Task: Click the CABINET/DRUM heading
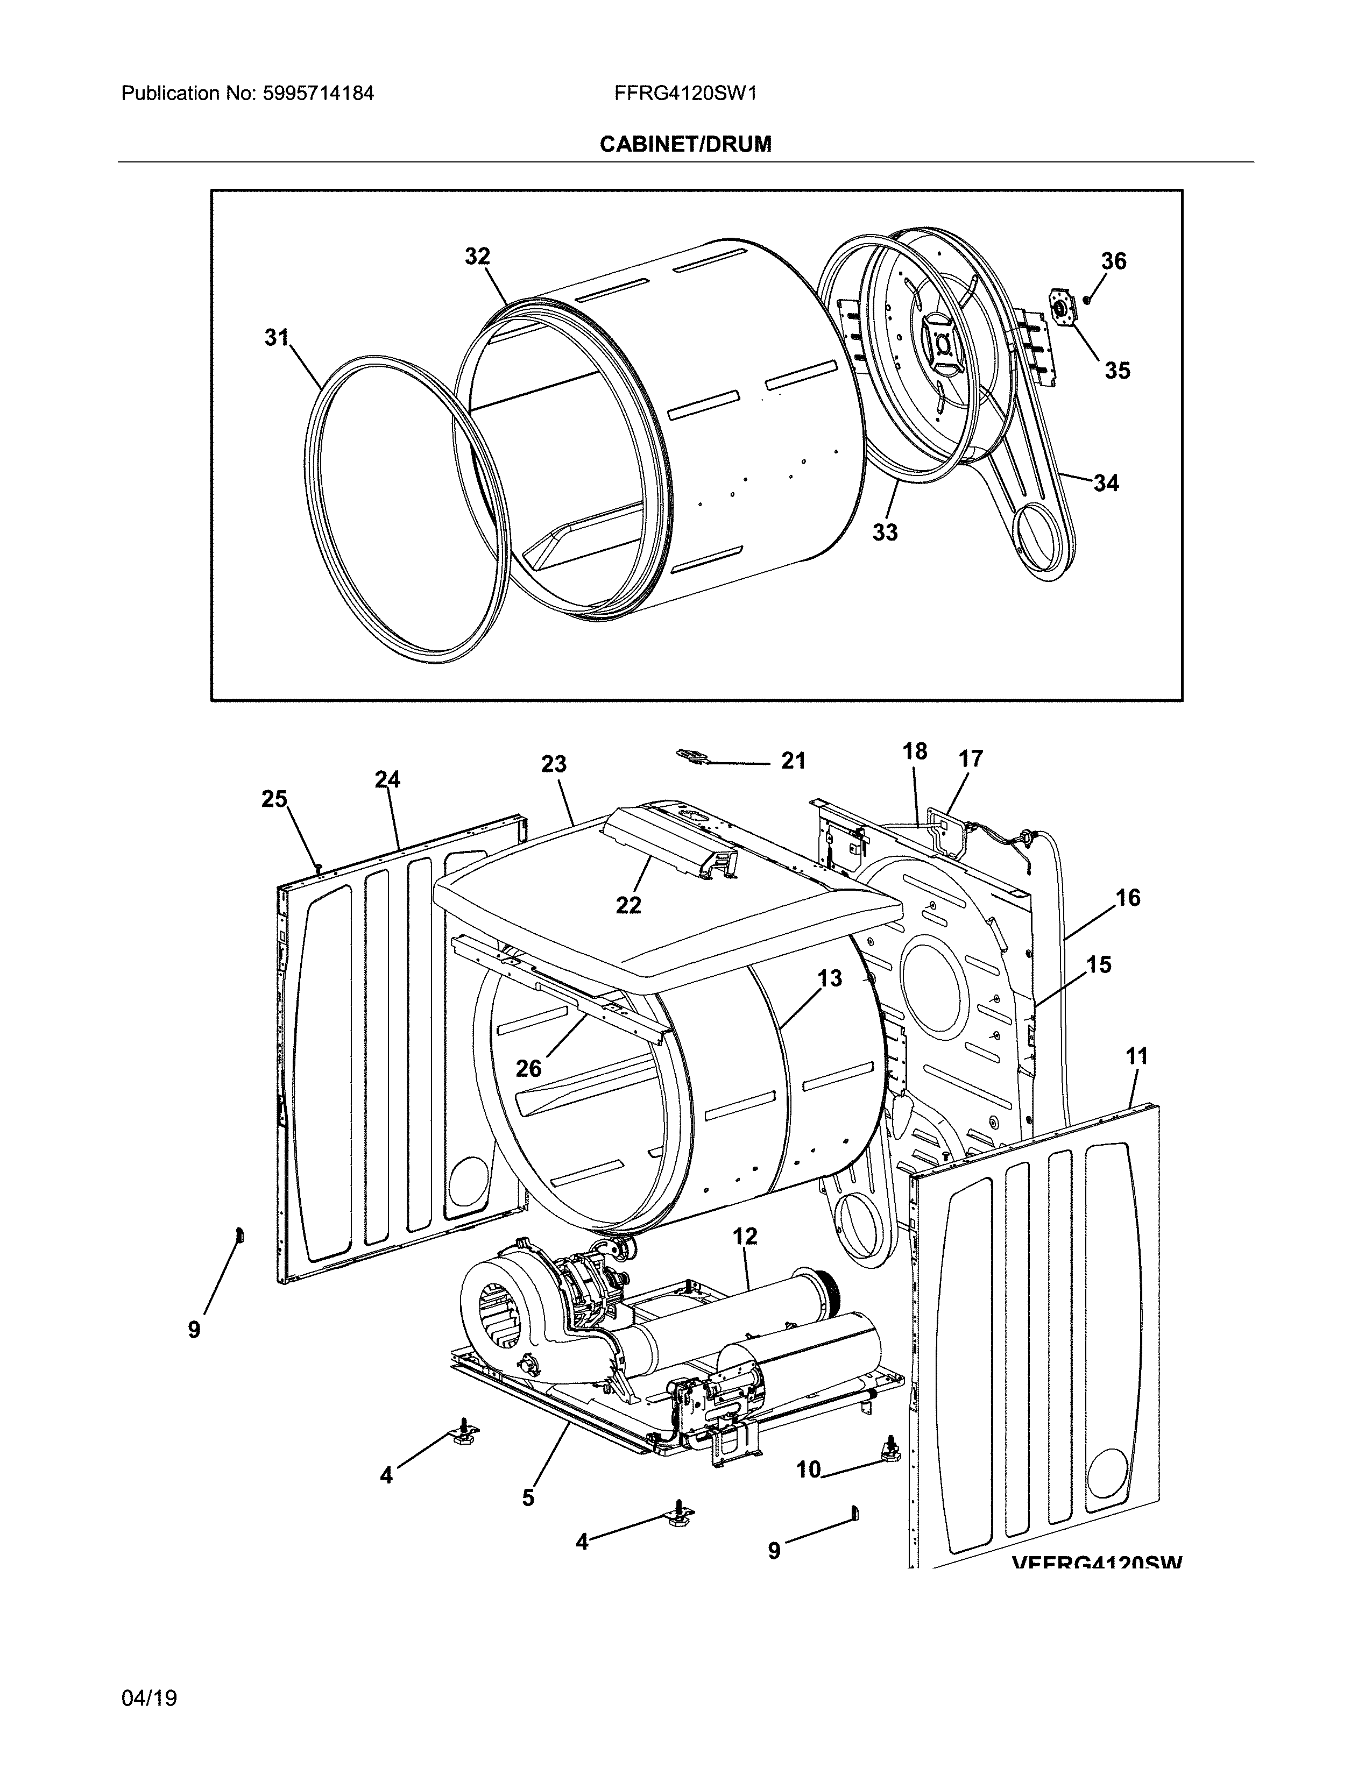685,145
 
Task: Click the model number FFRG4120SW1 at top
685,94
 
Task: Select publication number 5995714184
318,94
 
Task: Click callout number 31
277,337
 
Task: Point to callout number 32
477,257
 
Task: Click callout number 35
1117,371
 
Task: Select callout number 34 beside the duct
1106,484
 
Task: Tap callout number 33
885,532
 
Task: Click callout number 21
793,761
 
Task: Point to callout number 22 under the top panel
628,905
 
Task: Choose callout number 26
528,1068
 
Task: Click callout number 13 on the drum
830,978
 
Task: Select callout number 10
808,1469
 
